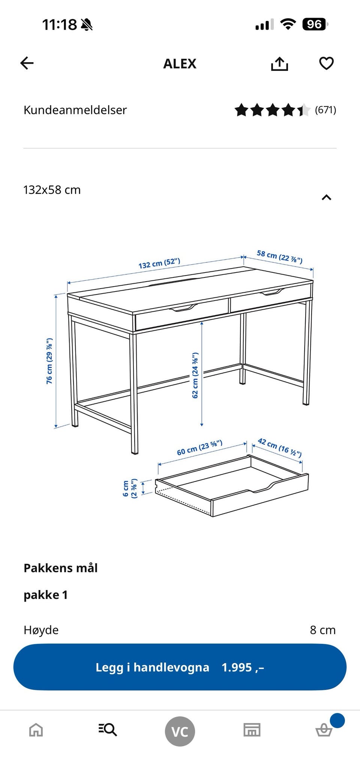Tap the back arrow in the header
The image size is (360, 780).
click(x=27, y=63)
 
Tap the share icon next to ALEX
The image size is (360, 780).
click(x=279, y=63)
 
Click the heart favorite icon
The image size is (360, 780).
click(x=326, y=63)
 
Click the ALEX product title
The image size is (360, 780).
click(x=180, y=64)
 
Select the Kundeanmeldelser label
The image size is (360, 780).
click(x=75, y=110)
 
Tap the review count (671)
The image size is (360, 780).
click(x=325, y=110)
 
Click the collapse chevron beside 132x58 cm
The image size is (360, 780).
click(x=326, y=197)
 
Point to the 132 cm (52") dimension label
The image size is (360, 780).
click(x=159, y=263)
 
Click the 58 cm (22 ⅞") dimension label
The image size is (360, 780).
click(x=280, y=257)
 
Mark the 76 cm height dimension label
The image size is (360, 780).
click(x=49, y=361)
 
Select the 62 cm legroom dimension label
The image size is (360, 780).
click(x=195, y=375)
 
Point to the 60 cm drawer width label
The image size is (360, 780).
click(x=199, y=448)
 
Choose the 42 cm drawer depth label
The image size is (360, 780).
click(x=280, y=448)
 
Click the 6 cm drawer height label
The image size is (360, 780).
click(x=130, y=488)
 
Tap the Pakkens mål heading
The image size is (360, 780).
click(x=61, y=568)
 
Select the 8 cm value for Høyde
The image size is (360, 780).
click(x=323, y=630)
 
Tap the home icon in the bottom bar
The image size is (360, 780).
click(x=36, y=730)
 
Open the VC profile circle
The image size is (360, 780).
click(x=180, y=731)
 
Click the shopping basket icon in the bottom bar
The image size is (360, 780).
click(x=324, y=730)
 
